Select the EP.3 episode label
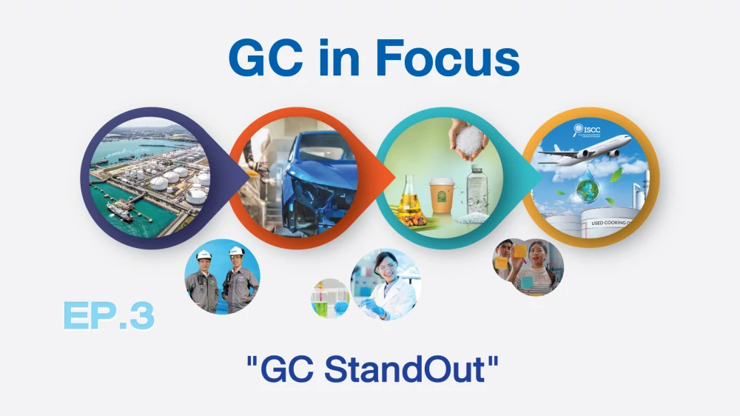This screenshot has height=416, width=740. point(109,315)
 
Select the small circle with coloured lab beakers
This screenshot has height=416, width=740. point(330,299)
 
